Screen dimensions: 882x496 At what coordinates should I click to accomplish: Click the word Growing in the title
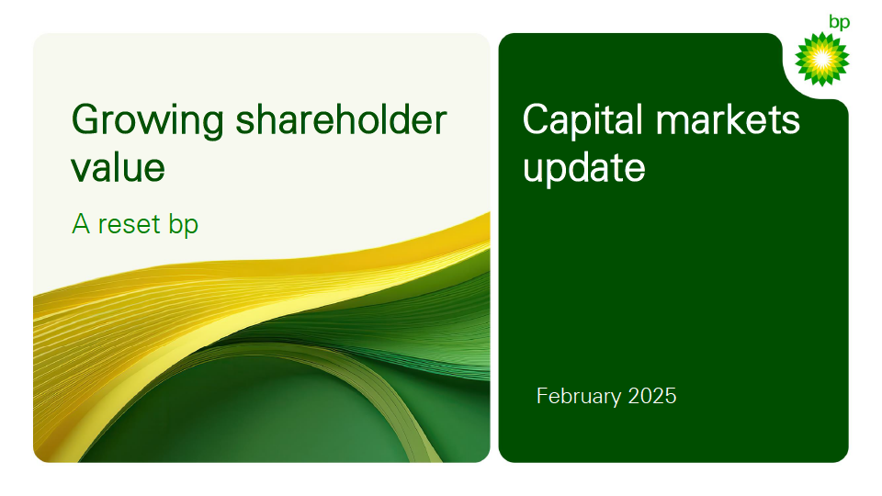(147, 121)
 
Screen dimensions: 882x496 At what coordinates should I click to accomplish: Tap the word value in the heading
(119, 167)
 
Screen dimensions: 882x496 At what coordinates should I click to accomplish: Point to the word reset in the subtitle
(130, 224)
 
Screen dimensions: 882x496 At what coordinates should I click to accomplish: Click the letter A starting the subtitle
(81, 224)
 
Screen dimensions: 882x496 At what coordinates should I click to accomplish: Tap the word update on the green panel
(584, 168)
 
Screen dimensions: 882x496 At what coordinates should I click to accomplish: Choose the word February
(579, 397)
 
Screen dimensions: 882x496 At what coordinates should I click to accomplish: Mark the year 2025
(652, 396)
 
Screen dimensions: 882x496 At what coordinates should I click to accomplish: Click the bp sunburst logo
(821, 59)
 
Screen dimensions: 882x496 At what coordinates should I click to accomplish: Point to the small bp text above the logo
(839, 22)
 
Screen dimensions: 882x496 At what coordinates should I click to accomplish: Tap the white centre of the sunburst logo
(821, 59)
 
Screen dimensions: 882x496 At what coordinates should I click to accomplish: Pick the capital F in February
(543, 396)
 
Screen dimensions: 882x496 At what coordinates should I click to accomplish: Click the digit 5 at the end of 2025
(671, 396)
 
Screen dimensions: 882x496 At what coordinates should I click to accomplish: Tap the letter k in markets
(738, 118)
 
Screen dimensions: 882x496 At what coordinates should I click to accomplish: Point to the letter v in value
(82, 171)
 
